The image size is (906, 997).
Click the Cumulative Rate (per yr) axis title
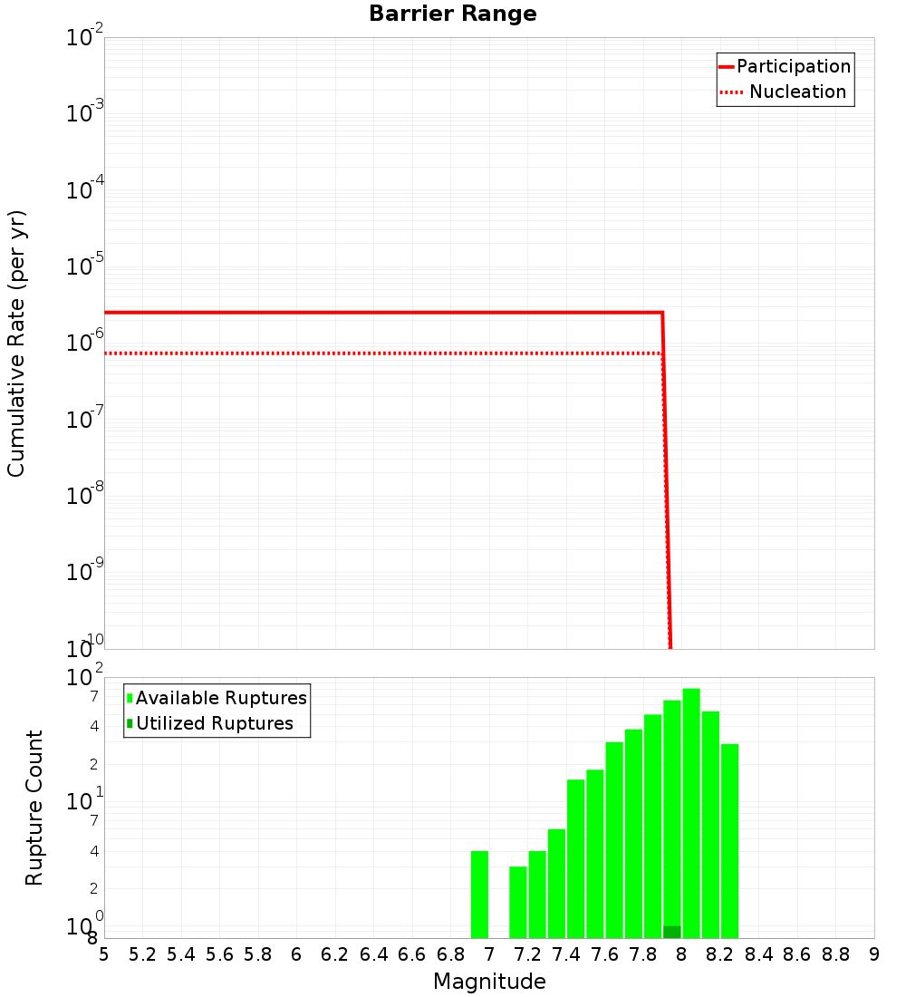(16, 343)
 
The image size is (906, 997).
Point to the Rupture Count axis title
(34, 808)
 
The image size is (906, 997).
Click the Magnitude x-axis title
(489, 982)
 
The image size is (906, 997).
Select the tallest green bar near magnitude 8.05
(691, 813)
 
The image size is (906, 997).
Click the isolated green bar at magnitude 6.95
(479, 895)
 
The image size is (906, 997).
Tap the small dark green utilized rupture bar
(671, 932)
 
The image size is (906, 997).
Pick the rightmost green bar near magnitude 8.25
(729, 841)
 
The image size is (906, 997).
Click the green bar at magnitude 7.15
(518, 902)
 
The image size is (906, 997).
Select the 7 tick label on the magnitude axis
(489, 954)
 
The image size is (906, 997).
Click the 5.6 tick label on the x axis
(219, 954)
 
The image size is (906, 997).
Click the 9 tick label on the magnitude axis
(874, 954)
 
